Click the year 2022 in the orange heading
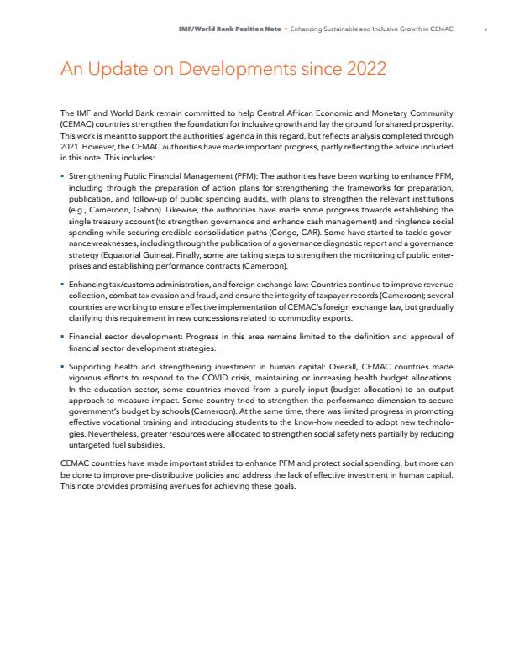[x=354, y=69]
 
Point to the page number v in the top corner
[x=486, y=29]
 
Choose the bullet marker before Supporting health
[x=63, y=367]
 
